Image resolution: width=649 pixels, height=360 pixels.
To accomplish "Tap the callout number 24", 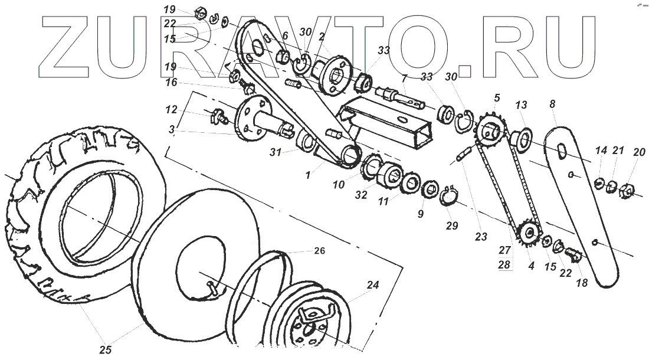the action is tap(372, 284).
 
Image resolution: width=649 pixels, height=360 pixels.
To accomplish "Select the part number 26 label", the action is tap(319, 250).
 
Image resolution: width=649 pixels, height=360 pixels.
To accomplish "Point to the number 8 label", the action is tap(552, 104).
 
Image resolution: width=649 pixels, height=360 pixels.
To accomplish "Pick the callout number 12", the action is tap(171, 110).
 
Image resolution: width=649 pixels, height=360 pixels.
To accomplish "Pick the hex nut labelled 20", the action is tap(628, 192).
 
